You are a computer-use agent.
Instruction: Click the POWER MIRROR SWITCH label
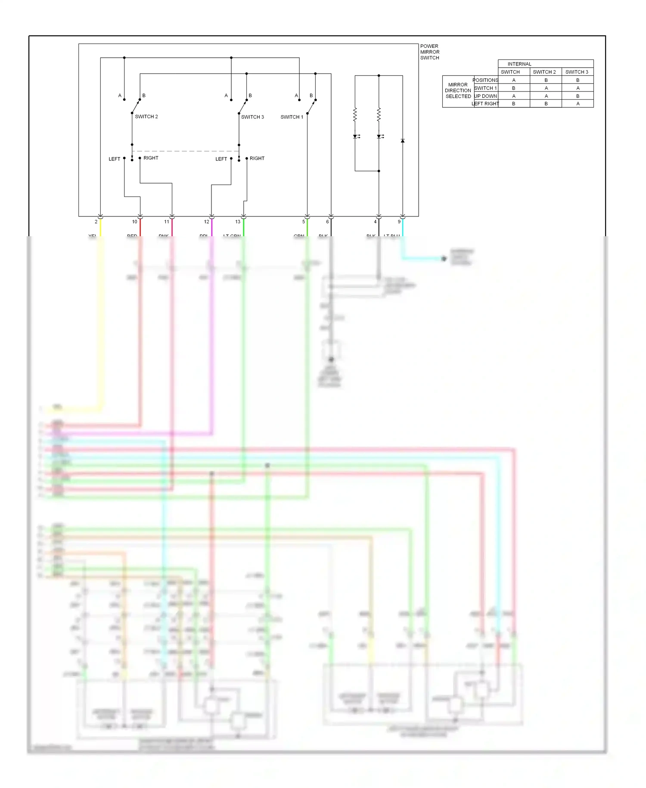coord(429,52)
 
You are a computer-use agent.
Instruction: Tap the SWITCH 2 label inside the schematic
coord(146,117)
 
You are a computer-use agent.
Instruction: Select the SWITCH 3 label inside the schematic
coord(252,117)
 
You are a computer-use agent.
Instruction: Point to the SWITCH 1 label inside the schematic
coord(292,117)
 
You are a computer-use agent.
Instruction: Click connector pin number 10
coord(134,222)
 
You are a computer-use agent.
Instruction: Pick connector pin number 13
coord(238,222)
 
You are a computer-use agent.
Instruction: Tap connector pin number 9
coord(399,222)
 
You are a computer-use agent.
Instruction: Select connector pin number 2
coord(96,222)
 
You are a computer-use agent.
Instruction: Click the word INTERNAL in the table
coord(519,64)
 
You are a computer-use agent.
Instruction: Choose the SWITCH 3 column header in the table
coord(577,72)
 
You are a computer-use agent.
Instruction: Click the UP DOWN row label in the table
coord(485,96)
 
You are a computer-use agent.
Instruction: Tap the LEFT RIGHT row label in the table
coord(485,104)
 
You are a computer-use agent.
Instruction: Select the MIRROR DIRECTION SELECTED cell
coord(458,91)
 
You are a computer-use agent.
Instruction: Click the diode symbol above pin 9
coord(403,141)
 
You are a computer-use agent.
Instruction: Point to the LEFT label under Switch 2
coord(114,159)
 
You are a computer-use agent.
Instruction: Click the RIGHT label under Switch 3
coord(257,159)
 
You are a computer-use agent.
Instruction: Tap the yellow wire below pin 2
coord(100,228)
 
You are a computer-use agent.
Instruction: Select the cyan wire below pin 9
coord(403,228)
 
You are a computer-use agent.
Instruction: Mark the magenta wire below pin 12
coord(211,228)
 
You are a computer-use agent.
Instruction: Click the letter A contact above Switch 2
coord(120,96)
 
